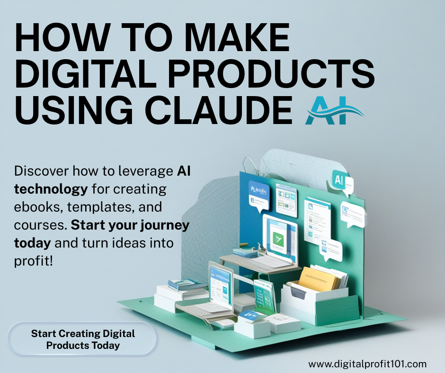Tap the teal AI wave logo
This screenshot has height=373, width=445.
tap(335, 110)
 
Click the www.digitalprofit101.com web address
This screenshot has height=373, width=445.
tap(367, 364)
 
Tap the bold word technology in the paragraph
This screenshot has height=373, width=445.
tap(51, 189)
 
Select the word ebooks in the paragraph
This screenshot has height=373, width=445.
tap(38, 207)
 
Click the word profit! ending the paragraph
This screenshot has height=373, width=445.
tap(34, 261)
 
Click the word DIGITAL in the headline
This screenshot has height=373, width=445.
tap(86, 74)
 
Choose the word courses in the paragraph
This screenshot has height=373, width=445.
tap(40, 225)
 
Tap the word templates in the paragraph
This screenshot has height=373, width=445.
tap(100, 207)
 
